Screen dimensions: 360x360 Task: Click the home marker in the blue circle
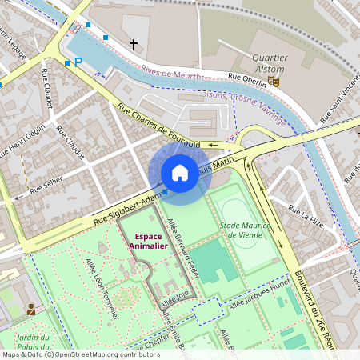point(180,172)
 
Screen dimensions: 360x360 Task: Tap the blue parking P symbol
point(78,62)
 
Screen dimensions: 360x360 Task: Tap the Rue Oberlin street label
point(247,78)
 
